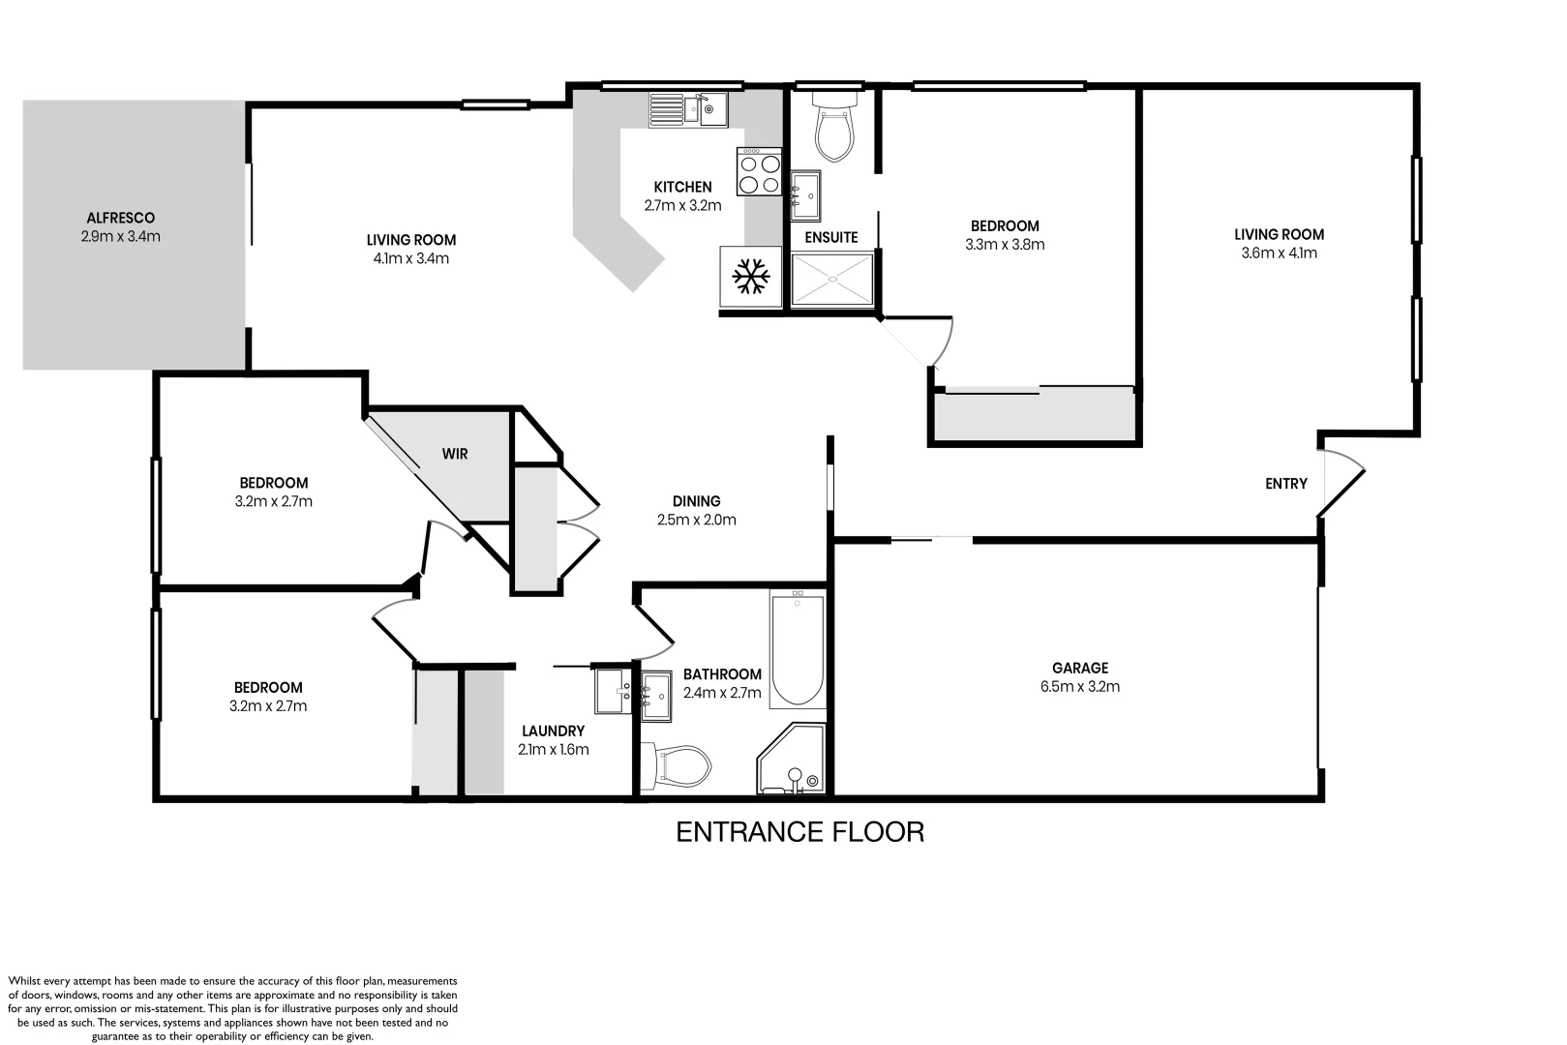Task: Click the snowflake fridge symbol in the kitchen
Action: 751,277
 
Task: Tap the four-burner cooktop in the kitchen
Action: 759,171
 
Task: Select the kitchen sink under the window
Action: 688,109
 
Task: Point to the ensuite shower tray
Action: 832,280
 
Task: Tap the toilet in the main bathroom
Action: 676,765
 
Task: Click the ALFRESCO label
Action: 121,219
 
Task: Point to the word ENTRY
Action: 1285,484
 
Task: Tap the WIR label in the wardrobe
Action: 455,454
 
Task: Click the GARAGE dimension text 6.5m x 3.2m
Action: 1080,687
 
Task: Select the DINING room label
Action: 696,501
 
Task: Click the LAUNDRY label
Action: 553,731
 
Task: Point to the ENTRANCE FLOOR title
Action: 800,832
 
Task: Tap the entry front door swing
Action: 1341,483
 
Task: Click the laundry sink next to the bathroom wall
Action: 613,691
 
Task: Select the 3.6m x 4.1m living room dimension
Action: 1279,254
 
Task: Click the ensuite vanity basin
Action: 806,195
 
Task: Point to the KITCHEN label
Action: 682,188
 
